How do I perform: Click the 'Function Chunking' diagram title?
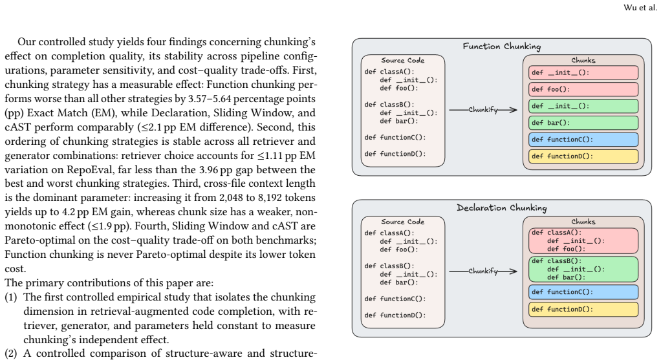click(x=502, y=47)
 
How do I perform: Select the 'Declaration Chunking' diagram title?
click(x=502, y=207)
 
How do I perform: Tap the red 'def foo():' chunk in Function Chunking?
click(x=583, y=89)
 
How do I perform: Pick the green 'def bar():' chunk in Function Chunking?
click(x=583, y=123)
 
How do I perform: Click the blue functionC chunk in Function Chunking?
click(x=583, y=140)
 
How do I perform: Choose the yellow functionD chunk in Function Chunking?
click(x=583, y=156)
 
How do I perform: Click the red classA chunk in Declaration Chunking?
click(x=583, y=241)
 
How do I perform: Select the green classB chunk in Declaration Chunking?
click(x=583, y=269)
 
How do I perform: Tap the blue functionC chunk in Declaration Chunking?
click(x=583, y=291)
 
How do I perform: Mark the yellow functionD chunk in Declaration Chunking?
click(x=583, y=309)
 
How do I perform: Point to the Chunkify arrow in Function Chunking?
click(x=483, y=110)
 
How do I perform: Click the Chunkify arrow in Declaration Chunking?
click(x=483, y=271)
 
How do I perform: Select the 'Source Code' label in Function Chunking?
click(x=402, y=60)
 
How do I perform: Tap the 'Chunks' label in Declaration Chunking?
click(x=583, y=222)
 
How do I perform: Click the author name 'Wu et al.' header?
click(x=640, y=8)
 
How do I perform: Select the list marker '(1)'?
click(x=11, y=297)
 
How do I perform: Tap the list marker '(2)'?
click(x=11, y=354)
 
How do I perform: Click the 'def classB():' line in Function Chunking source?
click(x=389, y=105)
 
